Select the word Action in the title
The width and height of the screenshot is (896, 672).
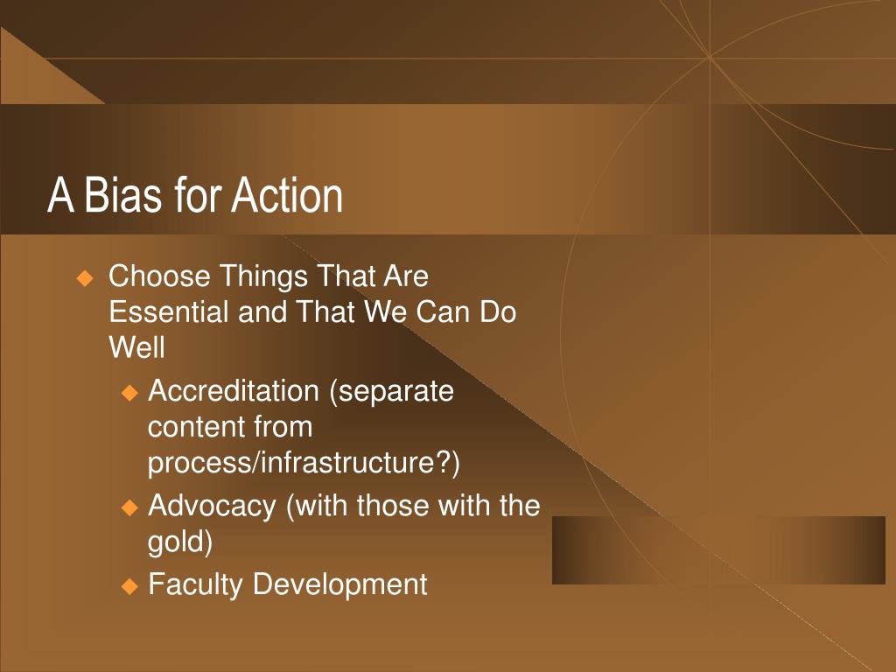286,195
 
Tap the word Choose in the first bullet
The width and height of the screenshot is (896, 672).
159,276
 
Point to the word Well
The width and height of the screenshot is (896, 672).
136,347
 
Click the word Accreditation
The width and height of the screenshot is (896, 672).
233,391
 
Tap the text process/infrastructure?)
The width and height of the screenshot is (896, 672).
304,463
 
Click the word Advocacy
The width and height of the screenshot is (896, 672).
212,507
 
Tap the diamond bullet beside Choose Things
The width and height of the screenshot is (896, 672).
85,279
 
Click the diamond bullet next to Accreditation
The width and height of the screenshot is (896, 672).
130,393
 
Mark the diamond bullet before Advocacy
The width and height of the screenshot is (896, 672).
130,507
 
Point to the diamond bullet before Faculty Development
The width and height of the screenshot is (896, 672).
130,586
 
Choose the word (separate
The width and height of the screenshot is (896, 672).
391,392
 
